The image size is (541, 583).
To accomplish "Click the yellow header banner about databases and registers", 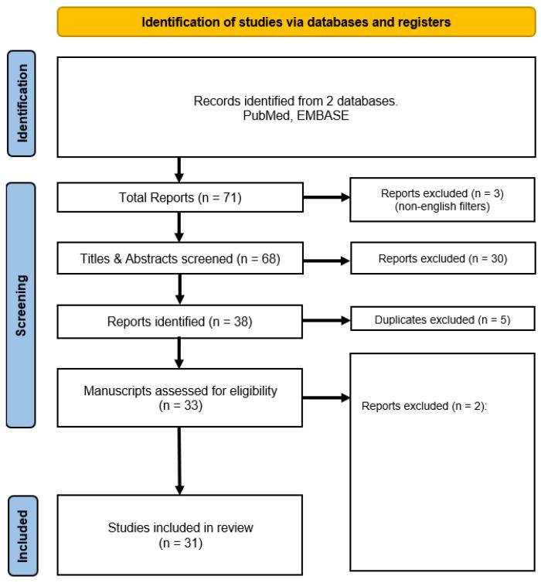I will [296, 22].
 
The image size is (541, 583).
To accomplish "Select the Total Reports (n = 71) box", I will [179, 199].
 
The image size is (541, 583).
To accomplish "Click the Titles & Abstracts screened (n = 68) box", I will [179, 258].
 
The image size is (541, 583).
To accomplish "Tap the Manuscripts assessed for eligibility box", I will [179, 397].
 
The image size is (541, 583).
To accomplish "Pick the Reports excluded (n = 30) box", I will [442, 259].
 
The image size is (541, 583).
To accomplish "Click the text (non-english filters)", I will [442, 206].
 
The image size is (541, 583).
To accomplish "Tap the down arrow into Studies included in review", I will [179, 460].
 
